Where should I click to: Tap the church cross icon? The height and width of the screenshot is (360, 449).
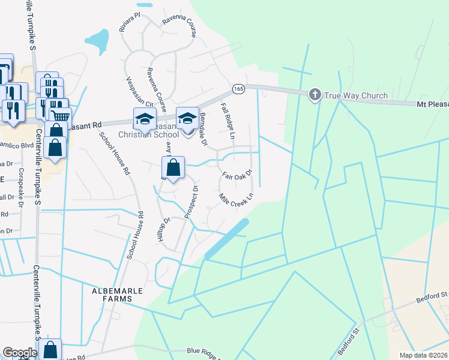click(x=315, y=95)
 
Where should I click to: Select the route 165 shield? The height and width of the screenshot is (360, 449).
click(x=239, y=88)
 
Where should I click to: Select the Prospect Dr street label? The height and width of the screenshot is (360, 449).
click(x=192, y=202)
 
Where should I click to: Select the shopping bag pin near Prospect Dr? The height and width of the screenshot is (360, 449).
click(x=173, y=168)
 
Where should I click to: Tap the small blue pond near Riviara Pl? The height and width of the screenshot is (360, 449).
click(x=97, y=40)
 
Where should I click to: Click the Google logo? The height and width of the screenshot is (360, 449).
click(x=19, y=353)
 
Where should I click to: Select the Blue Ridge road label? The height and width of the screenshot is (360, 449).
click(x=200, y=351)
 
